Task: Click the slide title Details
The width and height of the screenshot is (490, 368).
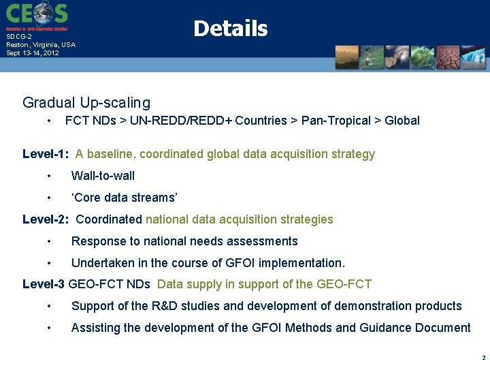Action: pyautogui.click(x=230, y=29)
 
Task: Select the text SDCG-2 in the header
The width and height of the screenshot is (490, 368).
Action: pyautogui.click(x=18, y=37)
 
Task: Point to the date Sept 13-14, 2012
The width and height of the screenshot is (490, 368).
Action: pyautogui.click(x=33, y=52)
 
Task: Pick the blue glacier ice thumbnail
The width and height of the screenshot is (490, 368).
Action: pyautogui.click(x=473, y=58)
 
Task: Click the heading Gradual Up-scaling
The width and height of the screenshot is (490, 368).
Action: pyautogui.click(x=86, y=103)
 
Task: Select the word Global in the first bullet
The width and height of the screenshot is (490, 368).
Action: pyautogui.click(x=402, y=121)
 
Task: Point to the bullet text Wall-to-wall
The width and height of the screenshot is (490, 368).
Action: pyautogui.click(x=103, y=176)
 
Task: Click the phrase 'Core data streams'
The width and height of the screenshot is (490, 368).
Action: pyautogui.click(x=125, y=198)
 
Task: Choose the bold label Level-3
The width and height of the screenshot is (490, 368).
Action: pyautogui.click(x=44, y=284)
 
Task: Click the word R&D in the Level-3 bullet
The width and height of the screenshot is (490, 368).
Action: pyautogui.click(x=159, y=306)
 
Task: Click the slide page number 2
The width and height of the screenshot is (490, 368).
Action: pyautogui.click(x=483, y=357)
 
